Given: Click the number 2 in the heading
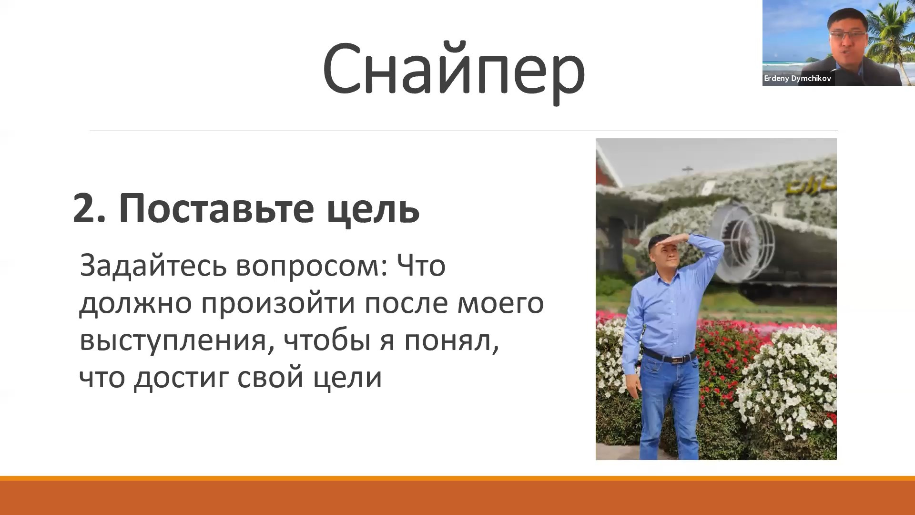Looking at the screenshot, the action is coord(89,208).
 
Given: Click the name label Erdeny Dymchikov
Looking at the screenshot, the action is coord(797,79).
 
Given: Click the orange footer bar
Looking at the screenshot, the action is coord(457,495).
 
